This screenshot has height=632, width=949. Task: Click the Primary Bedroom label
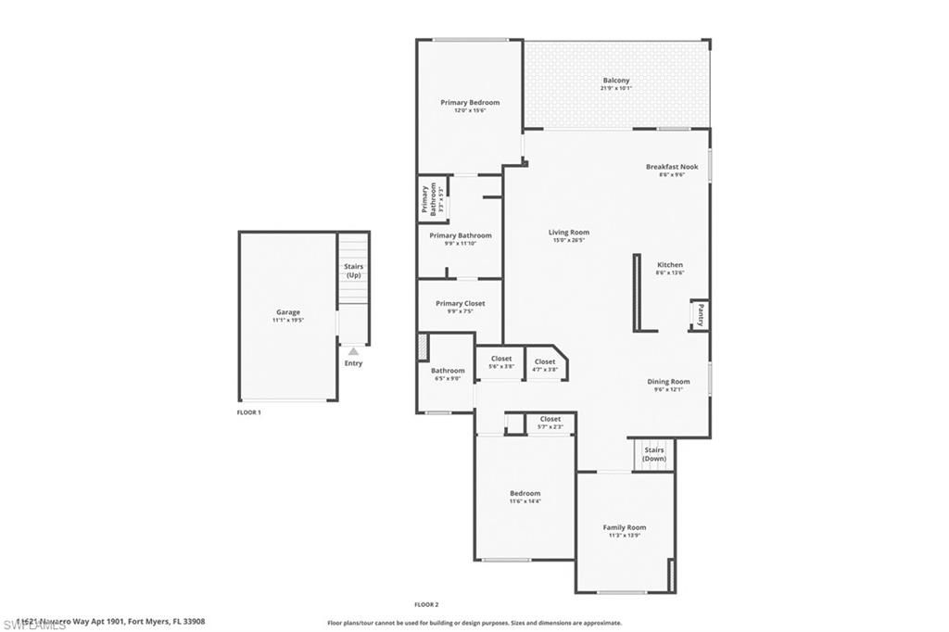click(470, 103)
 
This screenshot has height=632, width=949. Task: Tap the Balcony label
click(616, 81)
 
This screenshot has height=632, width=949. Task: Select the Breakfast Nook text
click(671, 167)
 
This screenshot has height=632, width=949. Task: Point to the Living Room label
click(568, 233)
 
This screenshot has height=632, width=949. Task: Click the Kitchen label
click(669, 265)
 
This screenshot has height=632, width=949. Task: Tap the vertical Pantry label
click(701, 315)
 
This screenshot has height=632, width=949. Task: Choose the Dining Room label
click(668, 382)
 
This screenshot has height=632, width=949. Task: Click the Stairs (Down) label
click(654, 455)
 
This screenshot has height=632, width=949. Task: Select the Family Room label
click(624, 527)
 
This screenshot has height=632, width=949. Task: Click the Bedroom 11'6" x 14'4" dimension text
click(525, 502)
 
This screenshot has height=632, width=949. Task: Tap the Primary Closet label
click(461, 304)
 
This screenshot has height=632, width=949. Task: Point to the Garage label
click(287, 312)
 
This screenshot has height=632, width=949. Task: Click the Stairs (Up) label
click(353, 271)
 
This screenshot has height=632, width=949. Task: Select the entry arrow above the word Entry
click(353, 351)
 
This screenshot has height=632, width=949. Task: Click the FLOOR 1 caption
click(248, 412)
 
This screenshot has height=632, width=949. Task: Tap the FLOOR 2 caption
click(426, 604)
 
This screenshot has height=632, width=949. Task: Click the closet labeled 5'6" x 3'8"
click(501, 362)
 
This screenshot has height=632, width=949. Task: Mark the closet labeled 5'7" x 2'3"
click(550, 423)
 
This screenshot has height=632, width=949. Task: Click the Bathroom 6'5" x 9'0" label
click(448, 373)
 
